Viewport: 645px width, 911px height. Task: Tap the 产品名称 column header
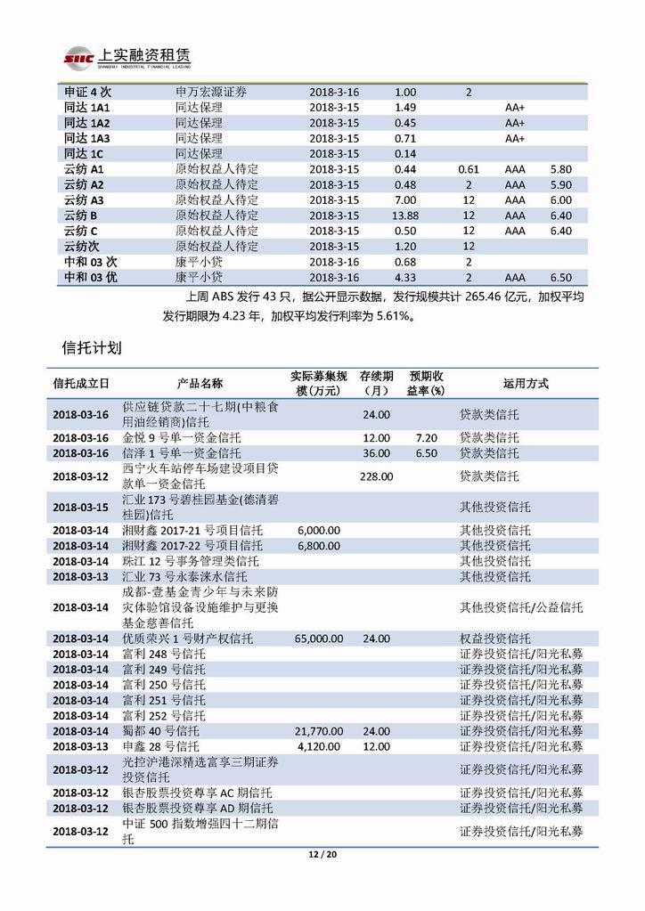[x=200, y=384]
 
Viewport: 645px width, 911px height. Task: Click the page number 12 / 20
[x=322, y=854]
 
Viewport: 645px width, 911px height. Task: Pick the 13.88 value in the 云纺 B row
[x=405, y=216]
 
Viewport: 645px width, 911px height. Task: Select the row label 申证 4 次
[x=86, y=92]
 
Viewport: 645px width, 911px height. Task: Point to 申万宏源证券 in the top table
[x=211, y=92]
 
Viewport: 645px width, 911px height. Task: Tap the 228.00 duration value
[x=376, y=476]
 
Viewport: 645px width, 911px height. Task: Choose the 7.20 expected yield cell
[x=427, y=438]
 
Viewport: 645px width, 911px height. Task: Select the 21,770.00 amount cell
[x=318, y=731]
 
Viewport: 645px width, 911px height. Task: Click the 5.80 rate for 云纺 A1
[x=561, y=169]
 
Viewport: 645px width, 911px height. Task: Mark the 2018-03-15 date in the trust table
[x=80, y=507]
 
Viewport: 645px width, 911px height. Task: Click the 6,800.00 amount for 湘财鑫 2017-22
[x=319, y=545]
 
